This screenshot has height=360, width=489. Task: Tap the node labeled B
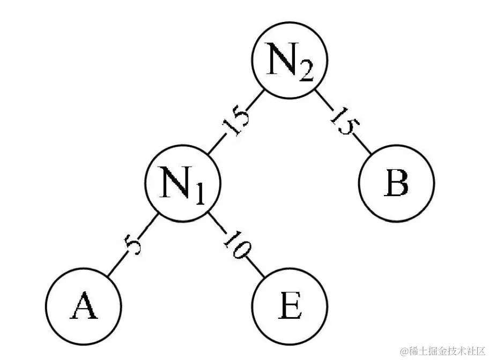[396, 183]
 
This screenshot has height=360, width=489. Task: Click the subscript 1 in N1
[198, 195]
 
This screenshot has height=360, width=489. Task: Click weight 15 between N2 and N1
[236, 124]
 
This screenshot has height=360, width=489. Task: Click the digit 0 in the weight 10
[242, 251]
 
